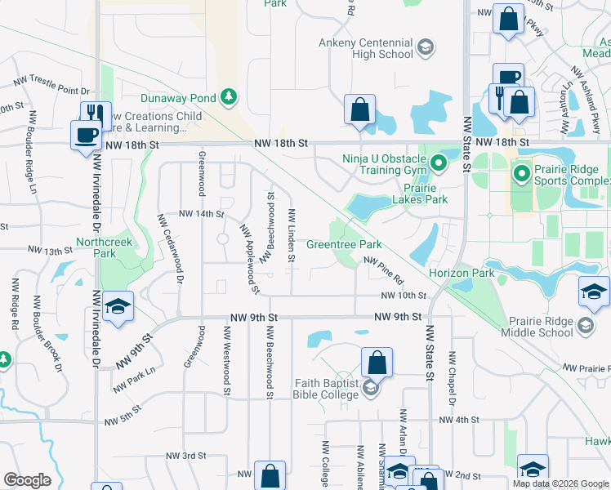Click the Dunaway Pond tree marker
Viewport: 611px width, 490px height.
(230, 98)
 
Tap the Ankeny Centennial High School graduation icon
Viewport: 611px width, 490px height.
(425, 48)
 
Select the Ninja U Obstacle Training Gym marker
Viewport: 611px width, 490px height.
(438, 165)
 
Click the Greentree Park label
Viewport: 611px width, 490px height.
(344, 244)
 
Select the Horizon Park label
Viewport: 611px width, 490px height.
(462, 273)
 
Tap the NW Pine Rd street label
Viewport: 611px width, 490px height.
(384, 271)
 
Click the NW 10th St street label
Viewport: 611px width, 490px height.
(404, 296)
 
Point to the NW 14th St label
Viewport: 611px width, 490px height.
(201, 214)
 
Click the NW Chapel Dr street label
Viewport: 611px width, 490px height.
(451, 378)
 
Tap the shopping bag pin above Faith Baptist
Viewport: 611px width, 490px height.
(377, 362)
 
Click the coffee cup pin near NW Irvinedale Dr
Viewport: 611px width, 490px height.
(85, 135)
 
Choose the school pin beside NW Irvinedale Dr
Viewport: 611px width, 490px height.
(118, 306)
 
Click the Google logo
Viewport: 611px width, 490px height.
(27, 480)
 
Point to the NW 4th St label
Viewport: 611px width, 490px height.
(457, 420)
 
